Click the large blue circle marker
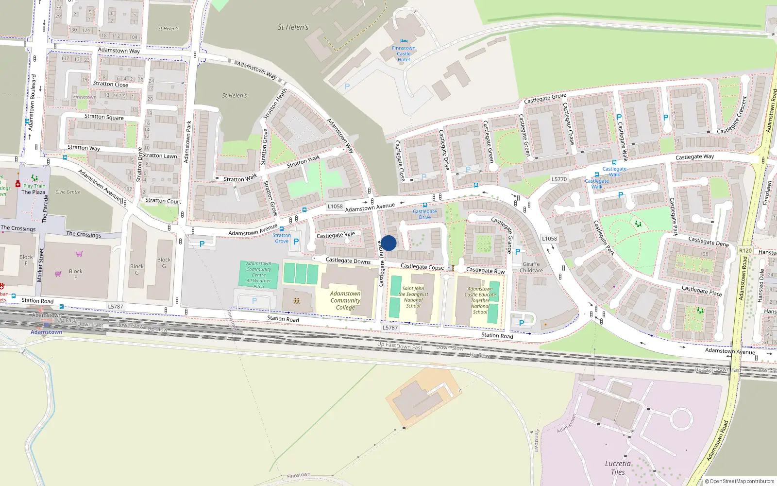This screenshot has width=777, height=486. coord(388,243)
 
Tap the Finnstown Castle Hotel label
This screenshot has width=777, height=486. coord(404,54)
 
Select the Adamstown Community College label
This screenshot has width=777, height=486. coord(345,300)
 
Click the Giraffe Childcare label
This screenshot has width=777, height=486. coord(531,267)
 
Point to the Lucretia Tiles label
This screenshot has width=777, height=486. coord(618,468)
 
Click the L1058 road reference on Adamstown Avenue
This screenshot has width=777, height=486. coord(335,206)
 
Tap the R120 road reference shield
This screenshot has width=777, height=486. coord(745,250)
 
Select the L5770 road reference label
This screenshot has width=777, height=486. coord(559,179)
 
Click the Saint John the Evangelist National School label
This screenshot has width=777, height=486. coord(413,297)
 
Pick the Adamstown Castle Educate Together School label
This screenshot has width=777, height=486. coord(480,300)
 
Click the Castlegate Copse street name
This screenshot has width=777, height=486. coord(422,266)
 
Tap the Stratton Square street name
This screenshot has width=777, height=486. coord(104,117)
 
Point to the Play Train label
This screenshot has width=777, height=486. coord(34,186)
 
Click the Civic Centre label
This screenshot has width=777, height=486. coord(68,192)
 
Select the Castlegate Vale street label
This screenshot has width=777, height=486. coord(336,235)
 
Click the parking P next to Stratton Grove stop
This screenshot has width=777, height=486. coord(296,242)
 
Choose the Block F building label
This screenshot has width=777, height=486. coord(75,274)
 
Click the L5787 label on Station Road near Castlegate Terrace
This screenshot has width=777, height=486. coord(390,328)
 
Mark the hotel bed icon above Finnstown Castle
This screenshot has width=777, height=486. coord(404,42)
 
